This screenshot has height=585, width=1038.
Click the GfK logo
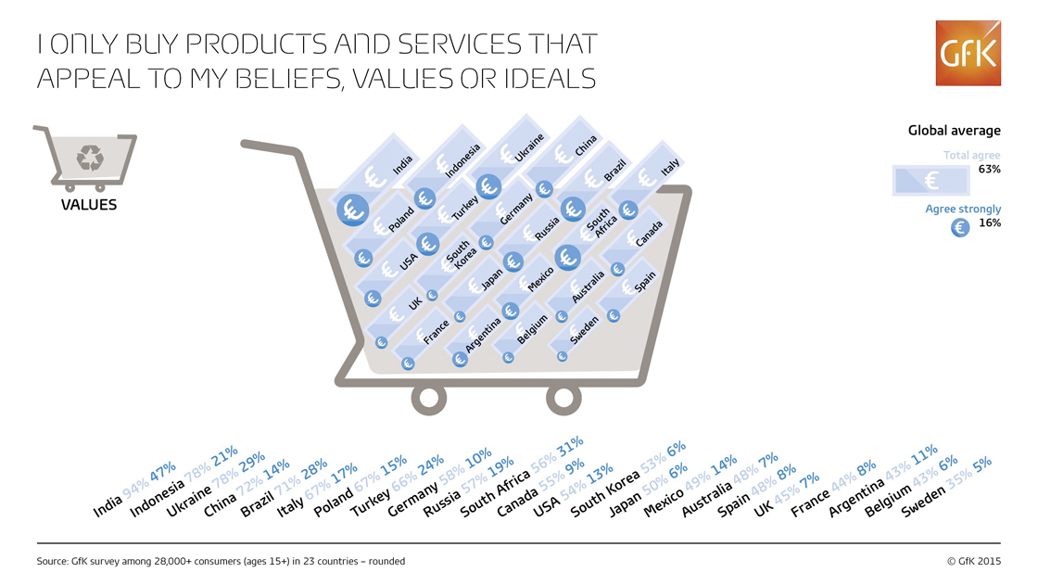click(x=968, y=53)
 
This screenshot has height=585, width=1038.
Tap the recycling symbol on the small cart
click(x=90, y=158)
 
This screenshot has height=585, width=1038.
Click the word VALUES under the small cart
click(x=89, y=205)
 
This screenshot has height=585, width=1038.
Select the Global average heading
click(x=954, y=131)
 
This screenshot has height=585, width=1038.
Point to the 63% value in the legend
click(x=990, y=169)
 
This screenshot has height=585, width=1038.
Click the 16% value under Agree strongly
click(x=990, y=223)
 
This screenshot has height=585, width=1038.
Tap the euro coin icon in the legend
click(x=960, y=228)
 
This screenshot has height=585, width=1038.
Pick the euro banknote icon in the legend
click(x=930, y=180)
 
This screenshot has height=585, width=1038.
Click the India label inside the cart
click(x=402, y=164)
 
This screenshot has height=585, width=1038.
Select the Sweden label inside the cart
click(x=584, y=330)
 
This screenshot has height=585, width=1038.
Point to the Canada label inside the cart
click(x=649, y=234)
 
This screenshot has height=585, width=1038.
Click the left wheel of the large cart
click(x=429, y=398)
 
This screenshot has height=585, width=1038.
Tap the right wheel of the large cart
click(x=563, y=398)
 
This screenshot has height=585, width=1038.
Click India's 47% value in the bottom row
click(x=162, y=472)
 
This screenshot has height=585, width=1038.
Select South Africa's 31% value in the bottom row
click(x=570, y=446)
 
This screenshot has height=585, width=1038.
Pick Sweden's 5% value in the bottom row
click(x=981, y=464)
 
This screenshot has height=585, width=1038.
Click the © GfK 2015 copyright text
click(x=974, y=561)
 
